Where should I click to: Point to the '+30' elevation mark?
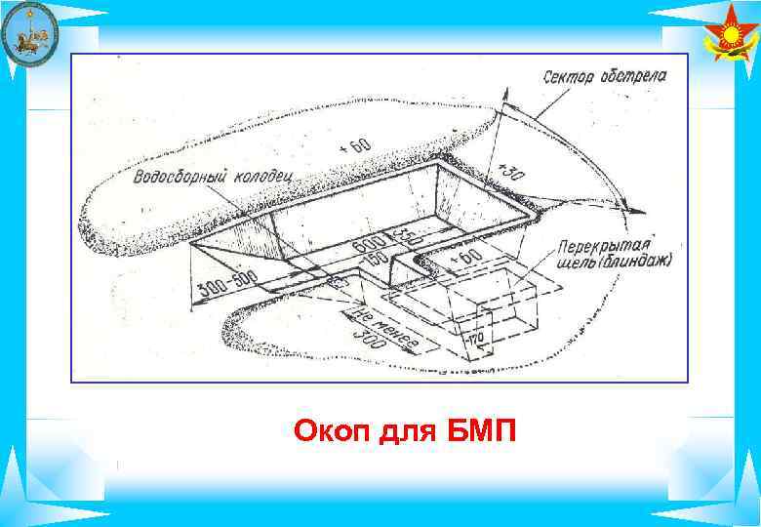[x=510, y=172]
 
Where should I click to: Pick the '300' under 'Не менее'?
[x=368, y=342]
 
